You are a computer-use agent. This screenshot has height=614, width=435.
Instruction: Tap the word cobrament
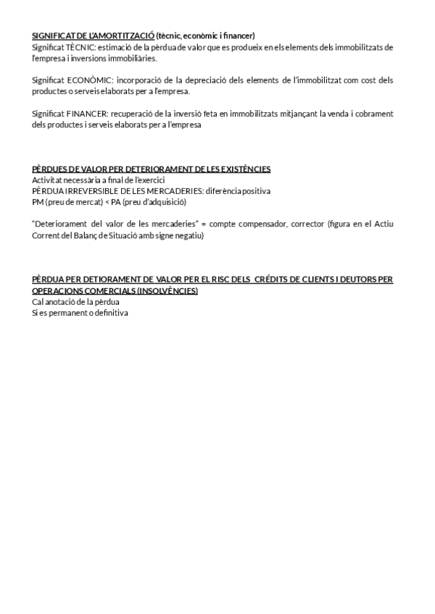(x=373, y=114)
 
